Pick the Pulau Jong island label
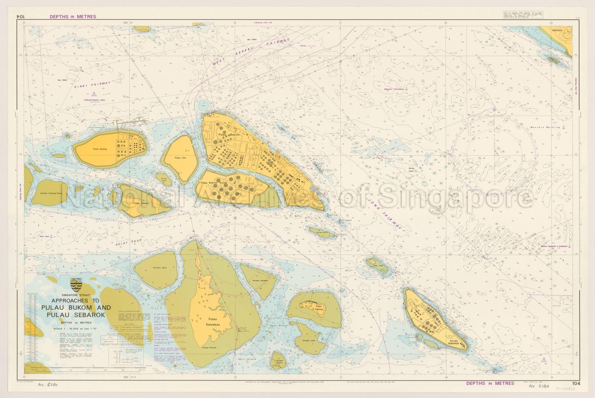377,266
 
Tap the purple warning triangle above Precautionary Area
94,94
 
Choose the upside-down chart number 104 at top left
21,17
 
